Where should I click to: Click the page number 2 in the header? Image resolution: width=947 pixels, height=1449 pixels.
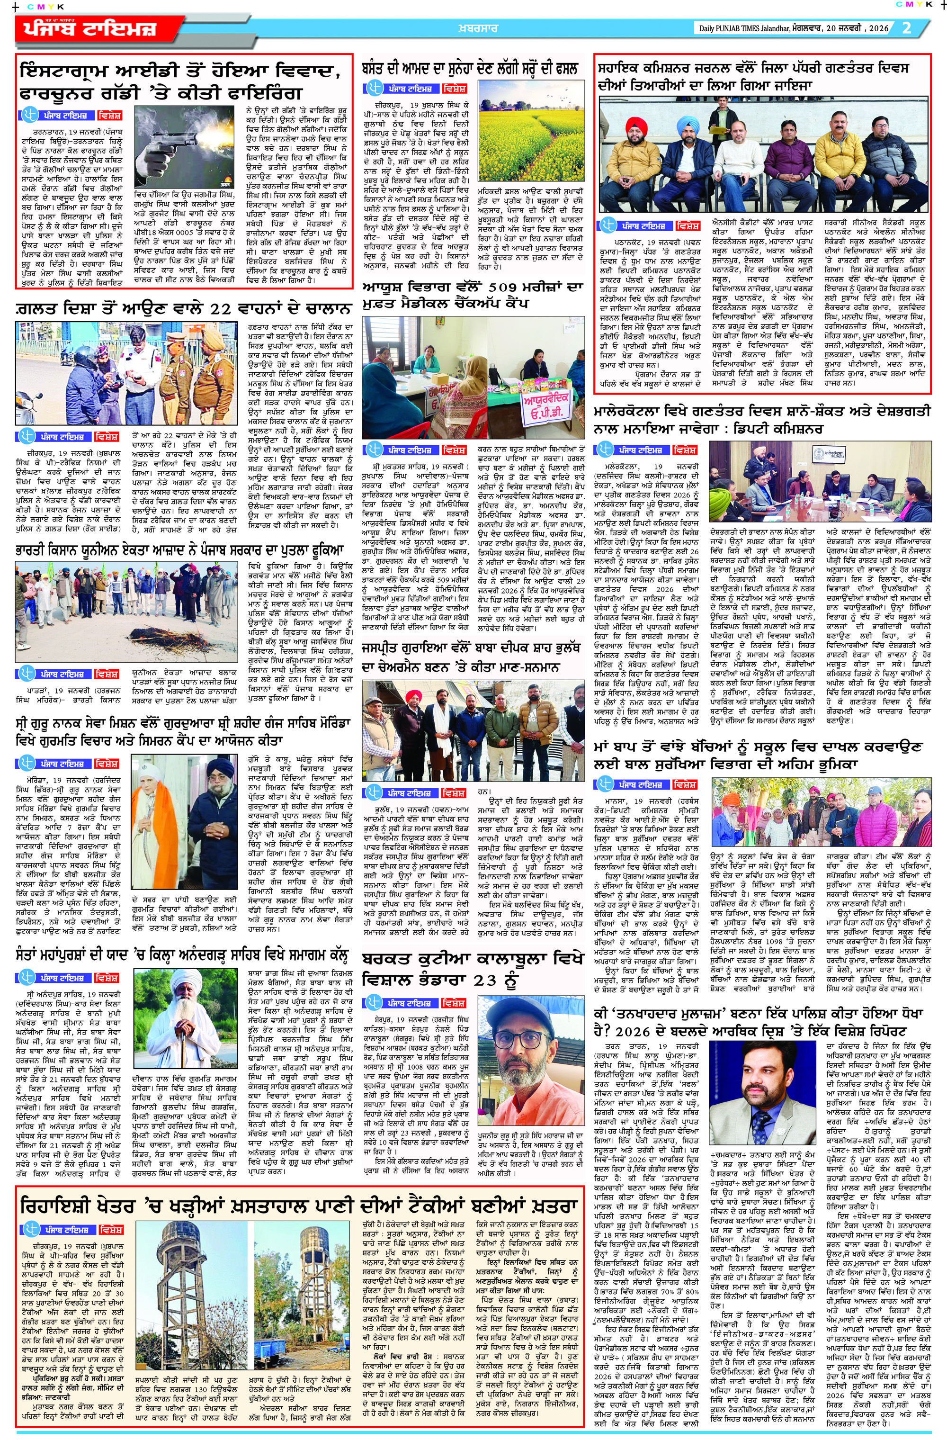click(x=906, y=28)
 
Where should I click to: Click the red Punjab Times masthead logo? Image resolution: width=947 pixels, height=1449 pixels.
click(x=91, y=30)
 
